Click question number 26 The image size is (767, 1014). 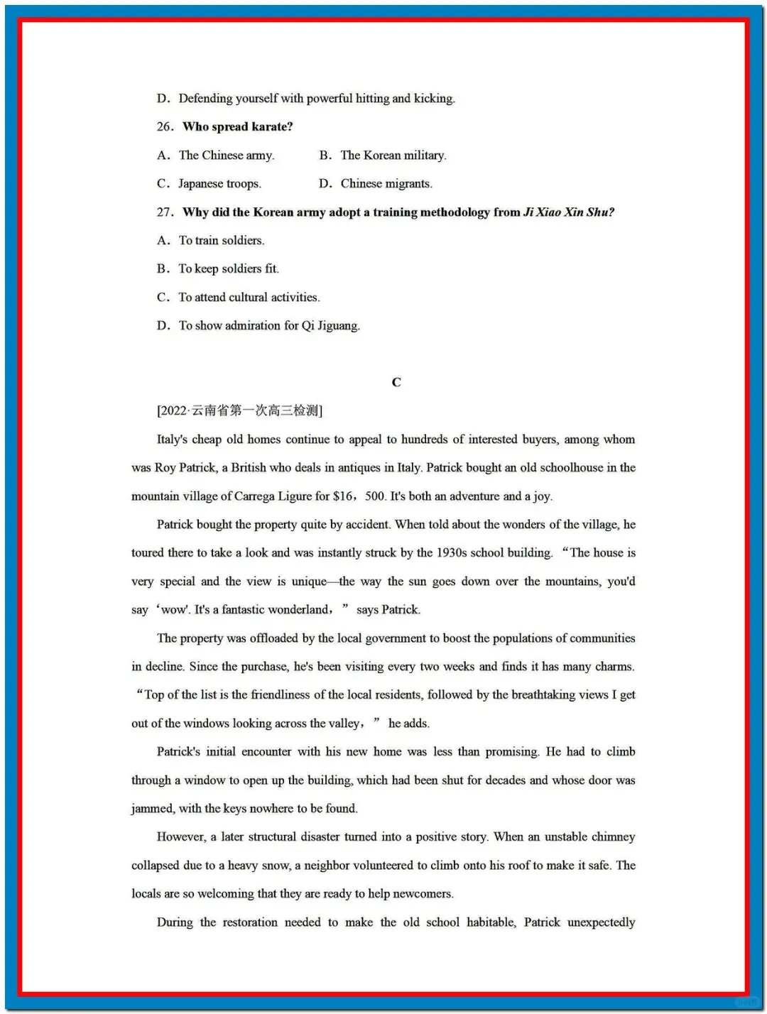coord(165,127)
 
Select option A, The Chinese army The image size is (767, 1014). coord(226,156)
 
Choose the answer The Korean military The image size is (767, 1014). coord(393,156)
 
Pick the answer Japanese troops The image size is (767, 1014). coord(219,184)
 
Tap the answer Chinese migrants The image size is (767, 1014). coord(386,184)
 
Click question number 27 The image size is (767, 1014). coord(165,212)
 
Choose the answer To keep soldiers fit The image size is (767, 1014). coord(229,269)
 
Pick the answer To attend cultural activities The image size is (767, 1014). coord(249,298)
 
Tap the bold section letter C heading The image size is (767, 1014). coord(396,383)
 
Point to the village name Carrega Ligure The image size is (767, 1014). coord(273,496)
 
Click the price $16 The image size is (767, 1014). coord(343,496)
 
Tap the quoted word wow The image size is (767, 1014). coord(173,610)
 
